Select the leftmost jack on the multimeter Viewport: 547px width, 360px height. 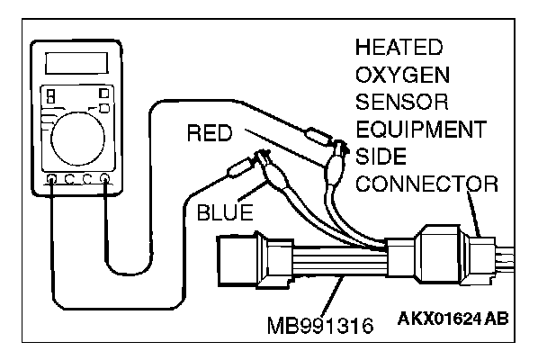[50, 178]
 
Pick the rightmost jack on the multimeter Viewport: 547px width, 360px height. [107, 178]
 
